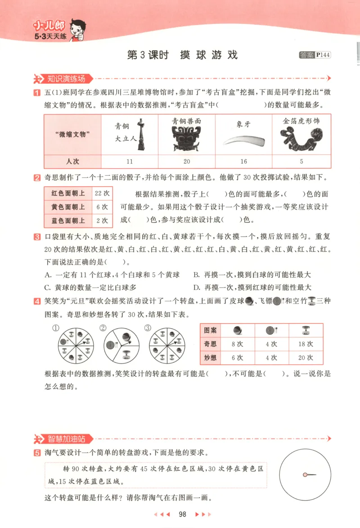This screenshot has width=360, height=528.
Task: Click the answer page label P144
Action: pyautogui.click(x=323, y=55)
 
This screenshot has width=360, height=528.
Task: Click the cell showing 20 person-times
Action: pyautogui.click(x=187, y=161)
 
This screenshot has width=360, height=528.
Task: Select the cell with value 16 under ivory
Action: pyautogui.click(x=243, y=161)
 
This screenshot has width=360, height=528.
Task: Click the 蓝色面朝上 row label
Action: pyautogui.click(x=68, y=220)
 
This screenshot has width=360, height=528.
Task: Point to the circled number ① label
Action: pyautogui.click(x=56, y=328)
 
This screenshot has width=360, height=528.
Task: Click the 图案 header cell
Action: pyautogui.click(x=210, y=330)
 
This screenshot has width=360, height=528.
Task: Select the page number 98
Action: pyautogui.click(x=182, y=515)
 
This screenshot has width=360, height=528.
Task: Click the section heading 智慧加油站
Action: pyautogui.click(x=66, y=439)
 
